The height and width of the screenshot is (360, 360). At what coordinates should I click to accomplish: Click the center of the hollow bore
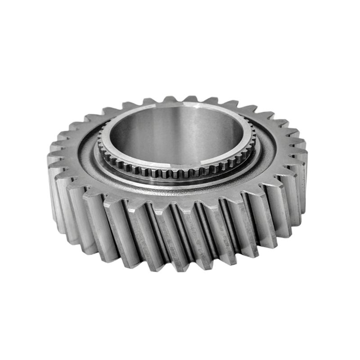pyautogui.click(x=178, y=135)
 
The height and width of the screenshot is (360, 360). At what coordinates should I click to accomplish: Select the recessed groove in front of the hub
pyautogui.click(x=175, y=184)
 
